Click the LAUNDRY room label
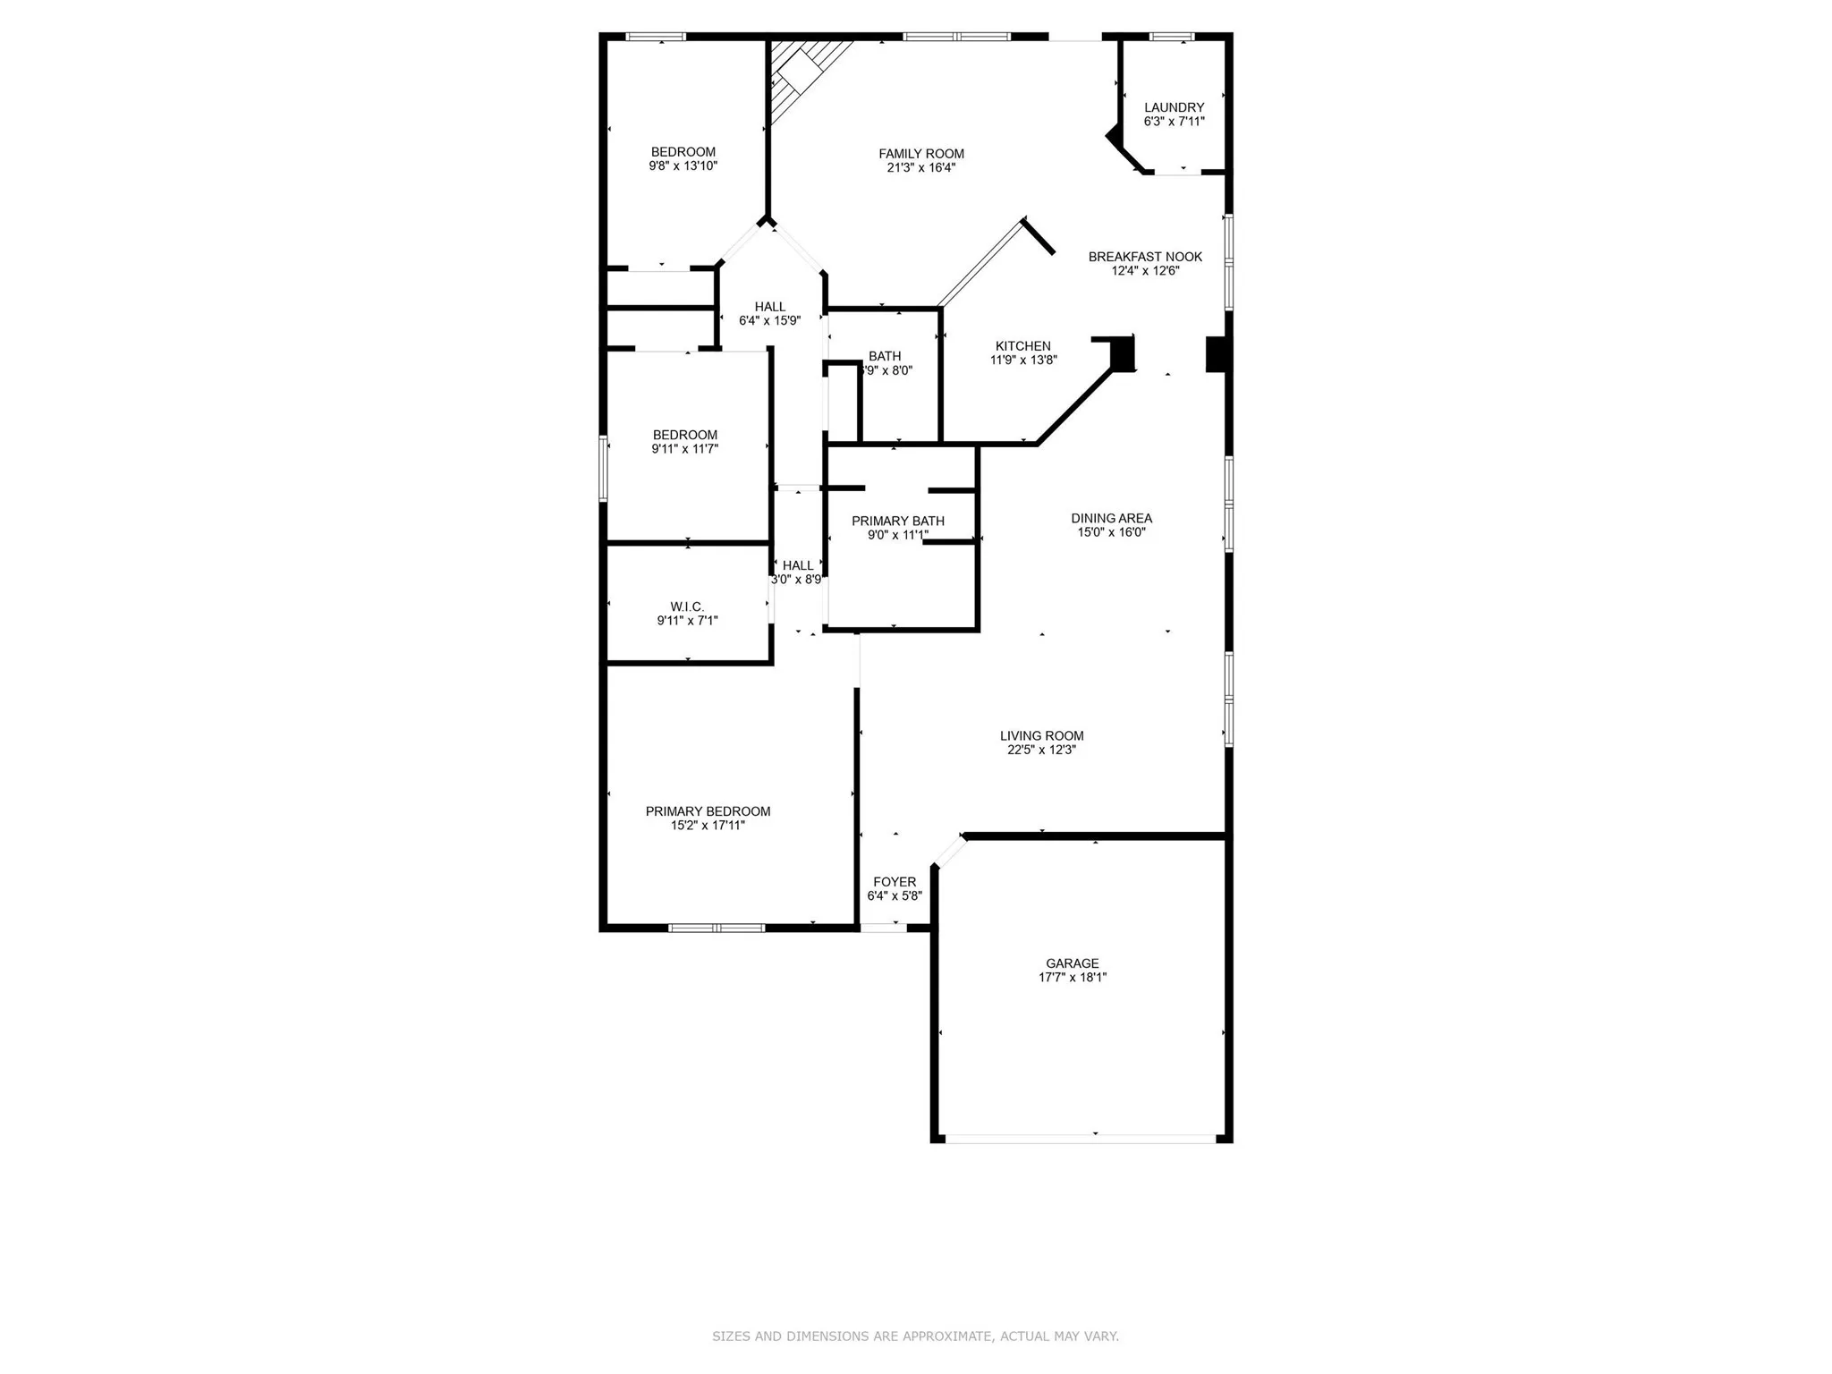tap(1174, 107)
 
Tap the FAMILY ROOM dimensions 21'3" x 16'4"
tap(920, 167)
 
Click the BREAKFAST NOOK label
tap(1145, 257)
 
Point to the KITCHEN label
tap(1023, 346)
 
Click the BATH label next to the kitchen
tap(885, 356)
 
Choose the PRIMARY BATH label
tap(897, 521)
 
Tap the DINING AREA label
tap(1111, 518)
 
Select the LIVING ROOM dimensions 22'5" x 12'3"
tap(1041, 751)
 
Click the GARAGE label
tap(1072, 963)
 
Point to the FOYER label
tap(895, 882)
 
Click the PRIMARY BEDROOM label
tap(708, 811)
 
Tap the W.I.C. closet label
tap(687, 606)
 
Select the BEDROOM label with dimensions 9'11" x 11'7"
tap(685, 436)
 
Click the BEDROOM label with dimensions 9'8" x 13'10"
tap(683, 152)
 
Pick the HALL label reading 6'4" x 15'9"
tap(769, 307)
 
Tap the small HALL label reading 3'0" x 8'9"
tap(798, 565)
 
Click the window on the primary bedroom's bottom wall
tap(717, 928)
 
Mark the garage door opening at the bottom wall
tap(1081, 1139)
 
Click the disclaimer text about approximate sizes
tap(915, 1336)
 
